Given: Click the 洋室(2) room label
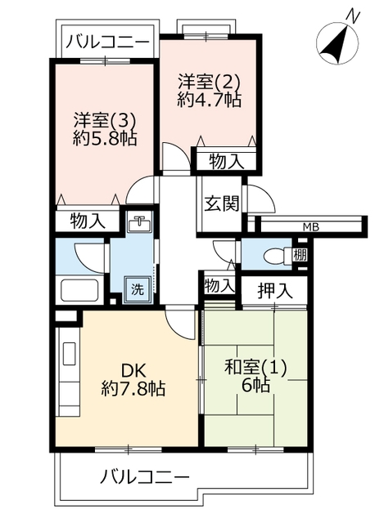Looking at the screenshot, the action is click(x=209, y=82).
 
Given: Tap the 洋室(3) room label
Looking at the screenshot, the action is click(x=106, y=120).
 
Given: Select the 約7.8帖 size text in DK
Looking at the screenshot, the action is click(x=133, y=388).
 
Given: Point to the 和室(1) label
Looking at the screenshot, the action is click(x=255, y=369).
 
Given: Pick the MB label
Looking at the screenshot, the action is click(x=311, y=227).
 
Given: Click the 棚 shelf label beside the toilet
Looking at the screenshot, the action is click(x=300, y=255).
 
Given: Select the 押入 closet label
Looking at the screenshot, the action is click(x=275, y=291).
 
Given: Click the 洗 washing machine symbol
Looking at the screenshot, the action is click(x=137, y=289).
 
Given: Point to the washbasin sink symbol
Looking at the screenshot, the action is click(x=139, y=223).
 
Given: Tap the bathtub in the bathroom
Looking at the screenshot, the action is click(x=79, y=291).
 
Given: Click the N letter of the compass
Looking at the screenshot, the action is click(x=354, y=16).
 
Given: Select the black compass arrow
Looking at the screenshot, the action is click(x=335, y=42).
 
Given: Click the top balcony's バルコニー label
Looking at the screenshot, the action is click(x=107, y=42).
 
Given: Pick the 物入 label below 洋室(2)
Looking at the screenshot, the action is click(x=227, y=162).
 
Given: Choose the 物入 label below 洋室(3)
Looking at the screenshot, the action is click(x=88, y=221).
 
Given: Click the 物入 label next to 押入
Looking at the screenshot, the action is click(x=218, y=286).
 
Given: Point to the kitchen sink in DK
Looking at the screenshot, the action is click(x=70, y=354).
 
